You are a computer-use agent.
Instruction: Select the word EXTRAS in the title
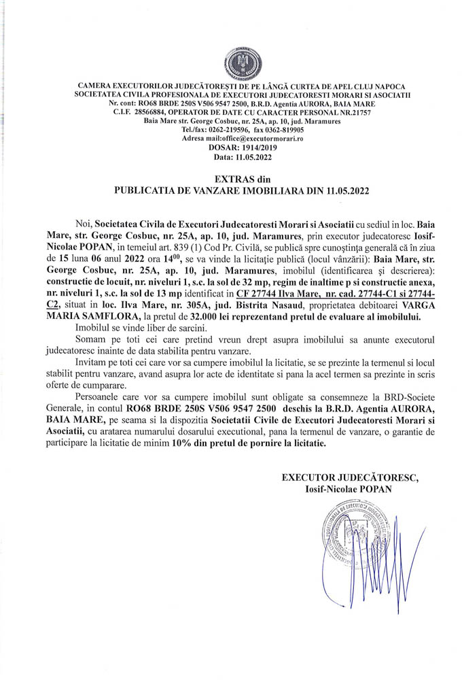tap(204, 180)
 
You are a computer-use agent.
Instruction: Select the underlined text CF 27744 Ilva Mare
tap(266, 293)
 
